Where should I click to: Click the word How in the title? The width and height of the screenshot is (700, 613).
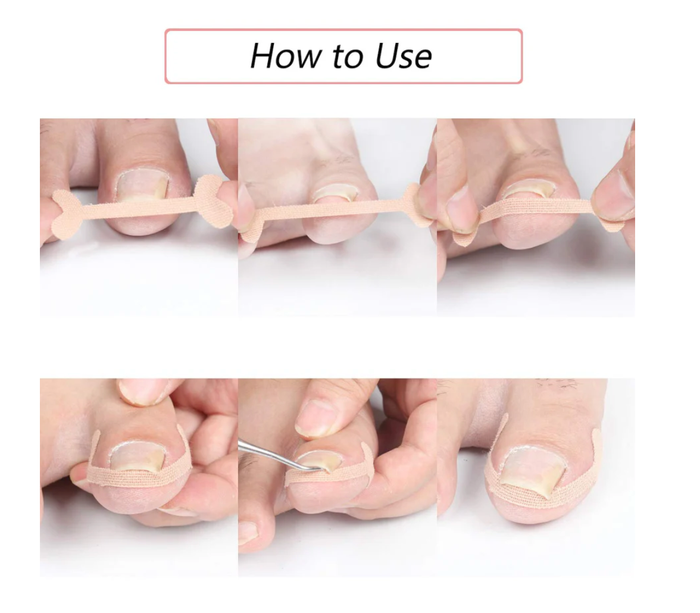coord(286,56)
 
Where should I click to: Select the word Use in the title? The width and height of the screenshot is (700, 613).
coord(404,56)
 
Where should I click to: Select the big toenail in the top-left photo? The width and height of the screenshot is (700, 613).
coord(142,187)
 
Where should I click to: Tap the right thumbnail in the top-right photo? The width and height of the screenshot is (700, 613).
coord(618,192)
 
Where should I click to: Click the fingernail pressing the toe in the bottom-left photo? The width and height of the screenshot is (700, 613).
coord(141,392)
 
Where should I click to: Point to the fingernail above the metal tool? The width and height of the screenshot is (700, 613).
coord(315,417)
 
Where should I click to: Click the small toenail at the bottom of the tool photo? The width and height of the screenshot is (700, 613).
coord(248,533)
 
